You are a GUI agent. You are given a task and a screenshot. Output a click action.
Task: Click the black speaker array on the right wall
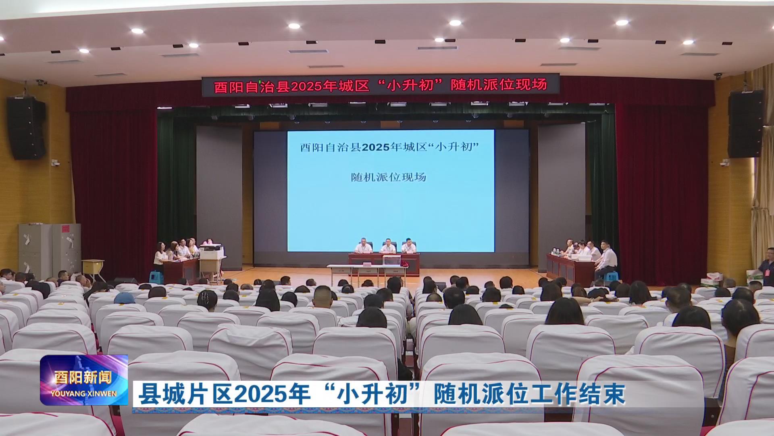746,124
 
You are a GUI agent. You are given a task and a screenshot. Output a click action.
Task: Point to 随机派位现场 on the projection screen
389,177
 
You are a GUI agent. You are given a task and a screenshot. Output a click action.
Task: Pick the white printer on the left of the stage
211,252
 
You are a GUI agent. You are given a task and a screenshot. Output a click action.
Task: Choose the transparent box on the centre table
390,261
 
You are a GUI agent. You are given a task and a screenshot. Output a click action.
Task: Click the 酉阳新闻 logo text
83,377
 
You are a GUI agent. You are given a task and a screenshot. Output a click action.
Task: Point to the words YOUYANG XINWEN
84,393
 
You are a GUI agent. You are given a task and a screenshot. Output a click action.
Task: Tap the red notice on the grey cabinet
65,229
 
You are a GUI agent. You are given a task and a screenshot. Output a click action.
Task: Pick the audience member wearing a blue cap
124,298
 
